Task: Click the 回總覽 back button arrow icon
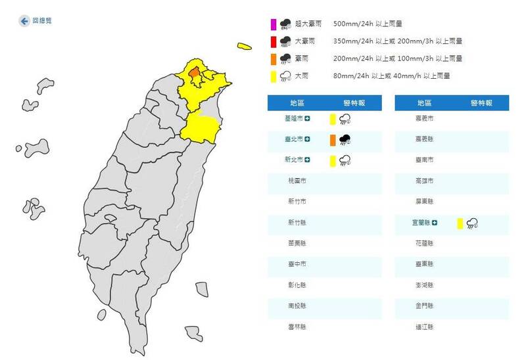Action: pos(24,21)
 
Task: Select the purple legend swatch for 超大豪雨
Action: pos(274,25)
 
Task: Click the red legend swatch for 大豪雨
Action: pos(274,42)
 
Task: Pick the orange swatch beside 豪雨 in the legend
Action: pos(274,59)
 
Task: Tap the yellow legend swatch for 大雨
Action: pos(274,76)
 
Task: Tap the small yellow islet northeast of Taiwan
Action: pos(245,47)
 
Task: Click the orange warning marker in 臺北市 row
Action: pos(333,139)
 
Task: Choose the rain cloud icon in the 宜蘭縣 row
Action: pos(471,223)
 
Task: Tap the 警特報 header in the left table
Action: pos(354,103)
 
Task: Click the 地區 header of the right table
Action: pos(425,103)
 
